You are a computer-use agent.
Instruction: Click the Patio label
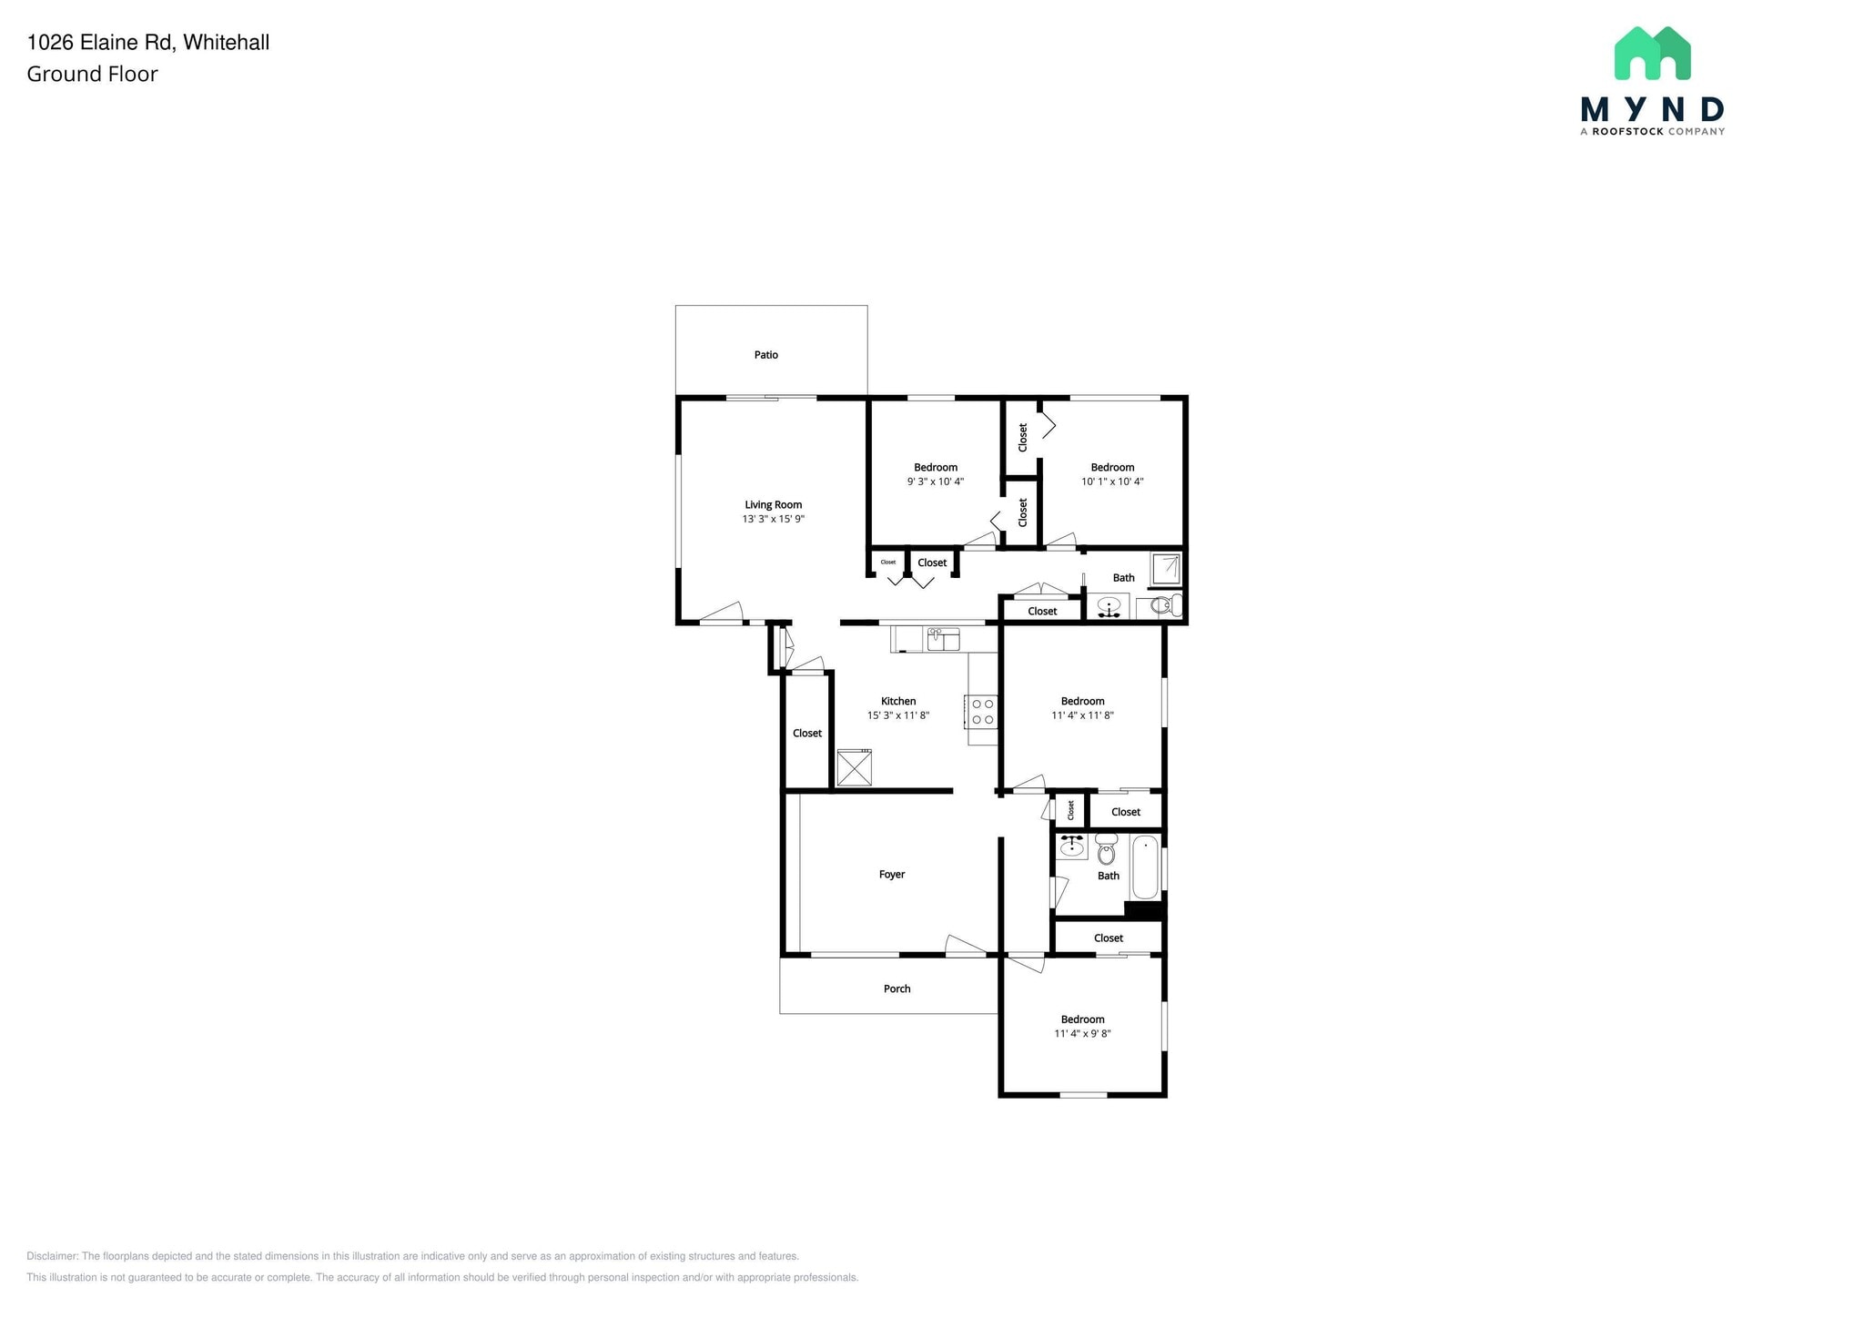765,355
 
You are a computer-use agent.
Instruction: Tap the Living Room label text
773,505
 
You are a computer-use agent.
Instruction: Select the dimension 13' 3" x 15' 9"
773,520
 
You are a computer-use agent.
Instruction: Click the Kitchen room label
898,701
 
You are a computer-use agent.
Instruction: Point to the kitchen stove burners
983,711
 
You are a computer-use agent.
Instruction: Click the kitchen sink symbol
943,639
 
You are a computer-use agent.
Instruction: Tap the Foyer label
892,875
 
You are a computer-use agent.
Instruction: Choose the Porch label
897,988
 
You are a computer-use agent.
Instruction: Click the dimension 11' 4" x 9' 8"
1082,1034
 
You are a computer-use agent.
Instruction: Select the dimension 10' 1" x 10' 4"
1112,482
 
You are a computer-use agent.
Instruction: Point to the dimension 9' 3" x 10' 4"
936,482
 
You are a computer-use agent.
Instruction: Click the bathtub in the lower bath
1146,867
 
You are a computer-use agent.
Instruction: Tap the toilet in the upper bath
1166,605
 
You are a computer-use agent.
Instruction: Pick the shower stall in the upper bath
1166,569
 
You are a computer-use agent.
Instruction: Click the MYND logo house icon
1652,53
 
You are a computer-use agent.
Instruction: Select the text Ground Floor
92,75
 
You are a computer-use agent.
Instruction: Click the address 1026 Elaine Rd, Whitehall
148,42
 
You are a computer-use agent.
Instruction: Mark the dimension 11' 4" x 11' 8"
1082,715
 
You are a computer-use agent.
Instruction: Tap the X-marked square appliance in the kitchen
855,767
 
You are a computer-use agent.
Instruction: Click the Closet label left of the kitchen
807,734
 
